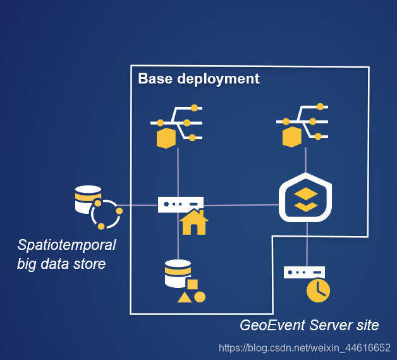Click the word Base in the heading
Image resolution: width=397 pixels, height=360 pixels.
tap(156, 78)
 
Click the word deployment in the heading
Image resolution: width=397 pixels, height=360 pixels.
tap(218, 80)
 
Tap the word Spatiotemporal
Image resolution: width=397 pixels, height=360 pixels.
tap(66, 245)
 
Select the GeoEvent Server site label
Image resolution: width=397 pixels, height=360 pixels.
tap(309, 325)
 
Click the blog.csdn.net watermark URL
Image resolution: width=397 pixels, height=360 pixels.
tap(305, 348)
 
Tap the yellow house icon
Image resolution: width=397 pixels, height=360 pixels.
tap(194, 222)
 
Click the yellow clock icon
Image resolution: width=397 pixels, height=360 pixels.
tap(318, 290)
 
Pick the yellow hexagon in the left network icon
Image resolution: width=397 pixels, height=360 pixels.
tap(166, 138)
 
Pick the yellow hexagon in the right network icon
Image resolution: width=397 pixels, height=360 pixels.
tap(292, 137)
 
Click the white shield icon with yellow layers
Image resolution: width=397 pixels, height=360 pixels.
tap(305, 197)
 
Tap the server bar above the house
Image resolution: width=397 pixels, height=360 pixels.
tap(181, 204)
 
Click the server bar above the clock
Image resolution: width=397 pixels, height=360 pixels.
tap(304, 272)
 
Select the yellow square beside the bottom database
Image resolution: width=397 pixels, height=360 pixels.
tap(192, 285)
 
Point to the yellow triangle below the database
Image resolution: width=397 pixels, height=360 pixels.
tap(185, 297)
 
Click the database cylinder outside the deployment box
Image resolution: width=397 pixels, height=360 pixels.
tap(88, 199)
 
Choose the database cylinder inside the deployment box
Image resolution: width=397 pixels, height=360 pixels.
tap(178, 273)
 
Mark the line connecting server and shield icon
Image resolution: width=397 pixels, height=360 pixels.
tap(241, 205)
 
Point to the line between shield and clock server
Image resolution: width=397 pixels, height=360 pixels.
tap(307, 244)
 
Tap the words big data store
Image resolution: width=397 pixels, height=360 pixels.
tap(61, 264)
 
